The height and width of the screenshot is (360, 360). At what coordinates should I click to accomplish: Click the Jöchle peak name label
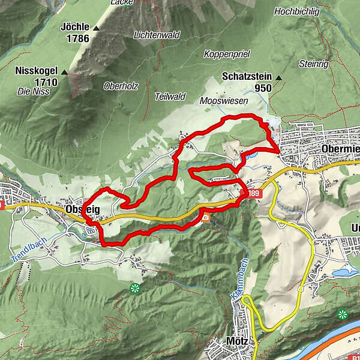point(75,28)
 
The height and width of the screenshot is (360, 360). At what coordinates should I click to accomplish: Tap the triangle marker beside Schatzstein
point(278,77)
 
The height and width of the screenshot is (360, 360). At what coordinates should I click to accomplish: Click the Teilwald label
point(170,96)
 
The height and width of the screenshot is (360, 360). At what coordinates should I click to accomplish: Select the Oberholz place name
point(121,86)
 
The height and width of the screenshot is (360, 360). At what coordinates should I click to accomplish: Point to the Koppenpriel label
point(226,53)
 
